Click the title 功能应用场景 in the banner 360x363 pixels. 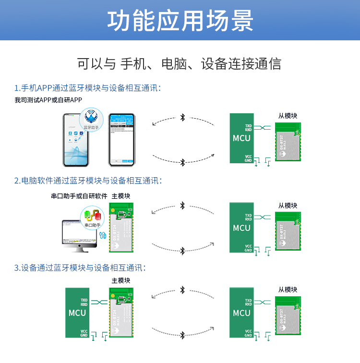tap(180, 21)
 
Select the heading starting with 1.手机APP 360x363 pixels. tap(87, 88)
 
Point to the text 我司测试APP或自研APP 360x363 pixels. tap(48, 100)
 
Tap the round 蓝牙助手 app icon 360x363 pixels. tap(91, 119)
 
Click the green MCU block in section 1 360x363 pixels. tap(241, 138)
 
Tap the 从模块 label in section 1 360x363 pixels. tap(288, 116)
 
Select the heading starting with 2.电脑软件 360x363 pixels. tap(88, 181)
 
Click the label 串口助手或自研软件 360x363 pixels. tap(79, 196)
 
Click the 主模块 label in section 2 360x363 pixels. tap(121, 196)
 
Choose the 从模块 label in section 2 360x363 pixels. tap(288, 206)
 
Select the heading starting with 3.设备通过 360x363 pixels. tap(80, 268)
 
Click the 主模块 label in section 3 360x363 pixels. tap(121, 280)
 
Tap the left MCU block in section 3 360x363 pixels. tap(77, 313)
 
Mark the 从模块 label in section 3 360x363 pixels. tap(288, 290)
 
